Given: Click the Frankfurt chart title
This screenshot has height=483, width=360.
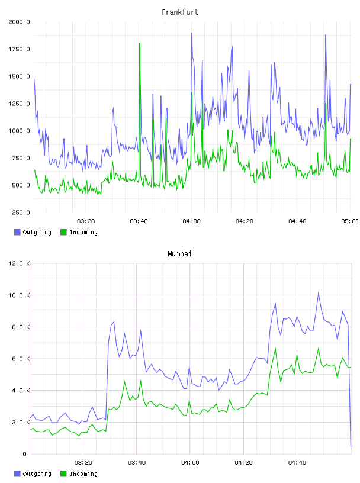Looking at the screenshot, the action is pos(180,12).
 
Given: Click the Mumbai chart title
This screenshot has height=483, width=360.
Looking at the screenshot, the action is pos(179,254).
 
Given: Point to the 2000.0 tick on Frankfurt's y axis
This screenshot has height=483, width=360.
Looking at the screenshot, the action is pos(19,22).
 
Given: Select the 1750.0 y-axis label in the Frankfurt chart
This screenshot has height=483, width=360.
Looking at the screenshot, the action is pos(19,49).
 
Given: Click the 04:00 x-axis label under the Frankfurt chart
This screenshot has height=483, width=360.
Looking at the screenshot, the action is pos(191,221).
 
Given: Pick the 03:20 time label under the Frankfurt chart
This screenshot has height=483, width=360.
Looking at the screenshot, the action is pos(86,221).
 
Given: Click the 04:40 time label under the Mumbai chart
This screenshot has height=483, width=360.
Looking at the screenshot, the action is pos(297,463).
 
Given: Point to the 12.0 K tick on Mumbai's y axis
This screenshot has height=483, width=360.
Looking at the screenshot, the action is pos(19,263).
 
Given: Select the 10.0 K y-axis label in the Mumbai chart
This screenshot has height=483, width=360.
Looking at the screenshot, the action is pos(19,295).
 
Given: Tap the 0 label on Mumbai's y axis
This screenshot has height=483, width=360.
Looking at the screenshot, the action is pos(25,454).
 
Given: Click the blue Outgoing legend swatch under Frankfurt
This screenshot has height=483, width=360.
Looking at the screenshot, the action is pos(17,232).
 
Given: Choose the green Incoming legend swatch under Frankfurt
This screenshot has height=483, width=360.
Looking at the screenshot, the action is pos(63,232).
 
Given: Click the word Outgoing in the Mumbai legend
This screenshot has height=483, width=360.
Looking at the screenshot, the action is pos(37,474).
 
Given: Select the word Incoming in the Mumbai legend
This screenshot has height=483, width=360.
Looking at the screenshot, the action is pos(83,474).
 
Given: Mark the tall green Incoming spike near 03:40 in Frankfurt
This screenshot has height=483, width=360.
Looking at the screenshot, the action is pos(140,43).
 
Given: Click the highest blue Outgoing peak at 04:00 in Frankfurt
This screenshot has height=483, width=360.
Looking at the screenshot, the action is pos(192,33).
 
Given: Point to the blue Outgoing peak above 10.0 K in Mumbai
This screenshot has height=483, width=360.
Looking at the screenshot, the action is pos(319,292).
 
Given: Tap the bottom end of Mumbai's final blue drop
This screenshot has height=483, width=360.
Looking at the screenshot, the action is pos(351,446).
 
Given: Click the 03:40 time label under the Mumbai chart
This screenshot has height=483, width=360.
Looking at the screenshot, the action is pos(137,463).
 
